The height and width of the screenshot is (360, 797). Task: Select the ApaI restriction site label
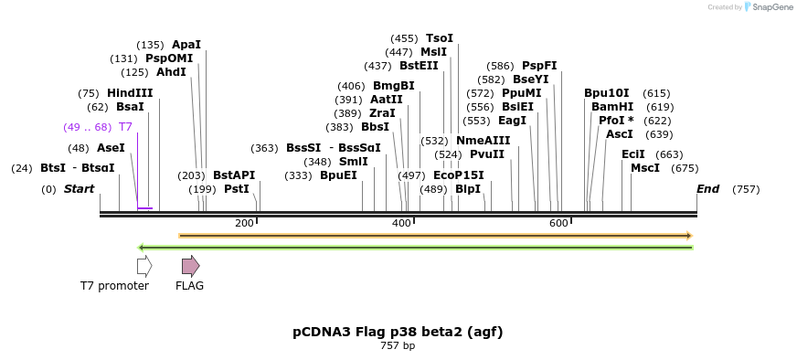[x=186, y=45]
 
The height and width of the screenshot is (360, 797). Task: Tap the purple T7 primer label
[x=125, y=127]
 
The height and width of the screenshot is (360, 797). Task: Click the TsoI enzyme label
[x=440, y=38]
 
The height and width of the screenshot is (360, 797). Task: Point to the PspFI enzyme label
[x=539, y=66]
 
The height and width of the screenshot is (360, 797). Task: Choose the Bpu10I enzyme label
[x=607, y=93]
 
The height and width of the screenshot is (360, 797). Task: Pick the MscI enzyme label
[x=645, y=168]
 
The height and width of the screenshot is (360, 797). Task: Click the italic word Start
[x=79, y=189]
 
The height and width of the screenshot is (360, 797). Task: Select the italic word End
[x=707, y=189]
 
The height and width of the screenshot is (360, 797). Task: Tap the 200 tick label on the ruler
[x=244, y=224]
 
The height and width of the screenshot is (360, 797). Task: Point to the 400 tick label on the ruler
[x=401, y=224]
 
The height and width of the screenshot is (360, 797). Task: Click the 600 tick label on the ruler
[x=558, y=224]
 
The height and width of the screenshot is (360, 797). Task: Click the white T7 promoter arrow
[x=144, y=266]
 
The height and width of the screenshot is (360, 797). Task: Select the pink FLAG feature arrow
[x=190, y=266]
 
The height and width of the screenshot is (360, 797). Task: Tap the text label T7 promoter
[x=114, y=286]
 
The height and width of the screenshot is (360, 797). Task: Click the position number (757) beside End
[x=746, y=189]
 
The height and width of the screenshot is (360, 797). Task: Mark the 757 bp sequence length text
[x=398, y=346]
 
